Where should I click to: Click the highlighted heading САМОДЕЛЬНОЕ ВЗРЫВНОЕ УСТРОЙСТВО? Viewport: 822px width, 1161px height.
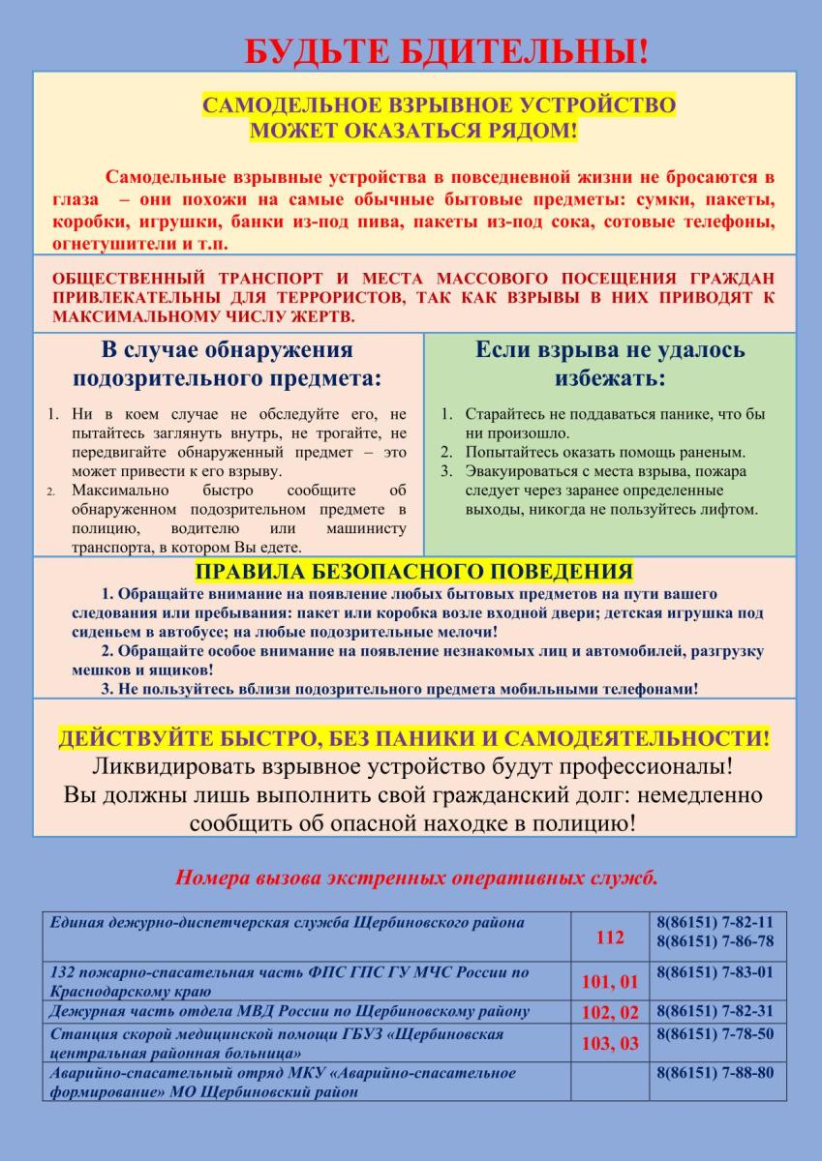click(x=439, y=105)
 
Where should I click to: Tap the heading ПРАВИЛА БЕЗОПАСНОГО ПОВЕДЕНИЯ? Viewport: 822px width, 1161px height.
click(x=414, y=570)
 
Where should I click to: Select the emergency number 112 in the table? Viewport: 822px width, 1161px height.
click(x=611, y=938)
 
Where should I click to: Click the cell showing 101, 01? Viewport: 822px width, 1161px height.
click(x=611, y=982)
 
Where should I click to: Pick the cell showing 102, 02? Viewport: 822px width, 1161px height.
click(x=611, y=1013)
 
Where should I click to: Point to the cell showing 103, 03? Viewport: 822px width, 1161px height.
click(x=611, y=1044)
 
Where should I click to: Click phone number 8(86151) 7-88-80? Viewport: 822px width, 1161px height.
click(x=715, y=1073)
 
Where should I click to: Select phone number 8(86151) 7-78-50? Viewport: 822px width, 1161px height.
click(x=715, y=1034)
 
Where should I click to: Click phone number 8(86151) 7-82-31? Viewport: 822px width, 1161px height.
click(x=715, y=1011)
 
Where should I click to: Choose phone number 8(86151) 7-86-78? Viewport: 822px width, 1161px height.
click(x=715, y=940)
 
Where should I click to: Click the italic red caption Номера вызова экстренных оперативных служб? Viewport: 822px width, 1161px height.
click(x=417, y=878)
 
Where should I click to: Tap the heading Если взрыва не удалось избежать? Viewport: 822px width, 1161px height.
click(x=610, y=363)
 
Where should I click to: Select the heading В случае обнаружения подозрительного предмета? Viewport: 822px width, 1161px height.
click(x=228, y=363)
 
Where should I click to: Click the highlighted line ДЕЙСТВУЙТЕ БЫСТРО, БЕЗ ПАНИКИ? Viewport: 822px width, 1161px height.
click(x=414, y=740)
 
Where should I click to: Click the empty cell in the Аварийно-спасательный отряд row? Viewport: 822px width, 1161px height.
click(x=611, y=1083)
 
